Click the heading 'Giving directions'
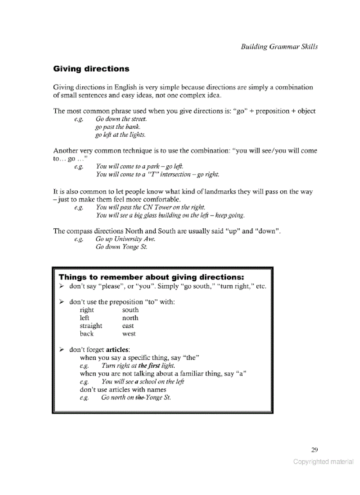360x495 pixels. (91, 69)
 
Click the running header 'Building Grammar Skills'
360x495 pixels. (279, 47)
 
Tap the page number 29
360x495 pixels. (314, 450)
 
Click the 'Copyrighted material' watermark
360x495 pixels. (323, 462)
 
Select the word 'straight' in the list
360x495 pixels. (91, 326)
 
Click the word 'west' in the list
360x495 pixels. (129, 334)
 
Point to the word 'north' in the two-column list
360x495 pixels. (130, 318)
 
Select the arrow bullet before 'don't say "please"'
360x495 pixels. (62, 287)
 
